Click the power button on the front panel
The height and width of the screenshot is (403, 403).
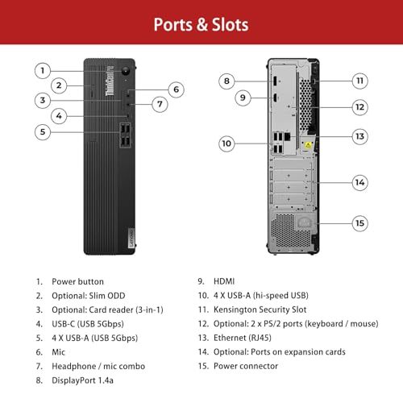tap(126, 71)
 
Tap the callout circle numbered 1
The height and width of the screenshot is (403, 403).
tap(43, 71)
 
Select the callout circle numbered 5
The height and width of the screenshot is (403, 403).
tap(43, 132)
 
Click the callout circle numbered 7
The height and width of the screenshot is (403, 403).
tap(160, 104)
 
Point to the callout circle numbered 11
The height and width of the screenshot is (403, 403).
tap(359, 81)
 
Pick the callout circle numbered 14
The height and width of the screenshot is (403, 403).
tap(359, 182)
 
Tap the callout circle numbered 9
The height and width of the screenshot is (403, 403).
tap(243, 98)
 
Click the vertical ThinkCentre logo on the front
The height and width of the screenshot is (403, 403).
tap(110, 81)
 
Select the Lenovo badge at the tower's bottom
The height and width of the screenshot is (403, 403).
tap(131, 238)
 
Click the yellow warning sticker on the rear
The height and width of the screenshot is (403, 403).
tap(308, 145)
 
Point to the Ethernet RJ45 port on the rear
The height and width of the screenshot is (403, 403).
tap(287, 136)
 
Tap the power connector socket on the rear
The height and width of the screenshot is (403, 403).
tap(305, 222)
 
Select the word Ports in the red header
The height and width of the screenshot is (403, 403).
tap(173, 25)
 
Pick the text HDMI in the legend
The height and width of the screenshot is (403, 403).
tap(224, 281)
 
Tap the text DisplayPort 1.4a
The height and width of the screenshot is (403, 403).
tap(82, 380)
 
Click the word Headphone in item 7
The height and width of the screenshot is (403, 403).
tap(74, 366)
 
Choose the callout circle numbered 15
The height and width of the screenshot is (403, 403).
tap(359, 223)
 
